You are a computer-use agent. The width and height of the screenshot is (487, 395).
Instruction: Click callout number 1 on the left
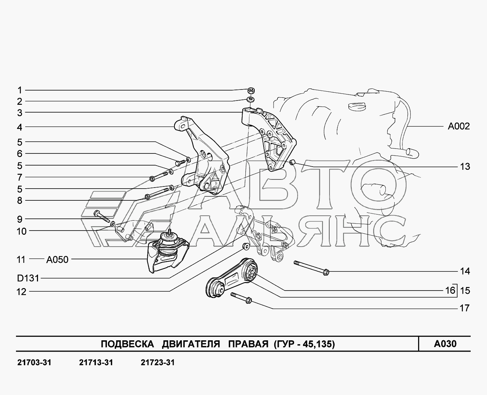(20, 90)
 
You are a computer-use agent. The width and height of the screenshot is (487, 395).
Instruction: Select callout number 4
(20, 127)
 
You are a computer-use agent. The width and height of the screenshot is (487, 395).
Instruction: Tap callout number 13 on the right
(465, 167)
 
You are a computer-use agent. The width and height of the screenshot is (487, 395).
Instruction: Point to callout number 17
(465, 308)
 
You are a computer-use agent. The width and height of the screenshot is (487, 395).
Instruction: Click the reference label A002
(459, 126)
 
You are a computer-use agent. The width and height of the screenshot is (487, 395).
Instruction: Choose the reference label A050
(57, 260)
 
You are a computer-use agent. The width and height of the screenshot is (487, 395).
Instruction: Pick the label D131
(28, 278)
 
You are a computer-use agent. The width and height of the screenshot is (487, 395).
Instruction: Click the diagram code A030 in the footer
(445, 344)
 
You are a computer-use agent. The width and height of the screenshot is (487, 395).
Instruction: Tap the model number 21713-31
(96, 363)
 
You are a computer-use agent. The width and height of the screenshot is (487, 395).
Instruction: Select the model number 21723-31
(158, 363)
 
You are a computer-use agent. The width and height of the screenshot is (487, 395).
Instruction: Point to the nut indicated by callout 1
(250, 90)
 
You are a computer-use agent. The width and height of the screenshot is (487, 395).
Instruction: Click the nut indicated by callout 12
(245, 246)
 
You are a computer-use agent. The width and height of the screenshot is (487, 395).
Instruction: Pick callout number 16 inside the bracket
(450, 290)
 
